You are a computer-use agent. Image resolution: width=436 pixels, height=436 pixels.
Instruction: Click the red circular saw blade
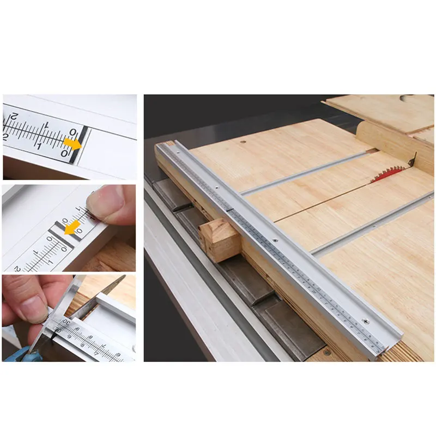pyautogui.click(x=389, y=174)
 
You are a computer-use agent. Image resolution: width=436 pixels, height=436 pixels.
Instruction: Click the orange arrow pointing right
pyautogui.click(x=72, y=143)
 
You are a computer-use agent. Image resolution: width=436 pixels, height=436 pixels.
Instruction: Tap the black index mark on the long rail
pyautogui.click(x=231, y=209)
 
